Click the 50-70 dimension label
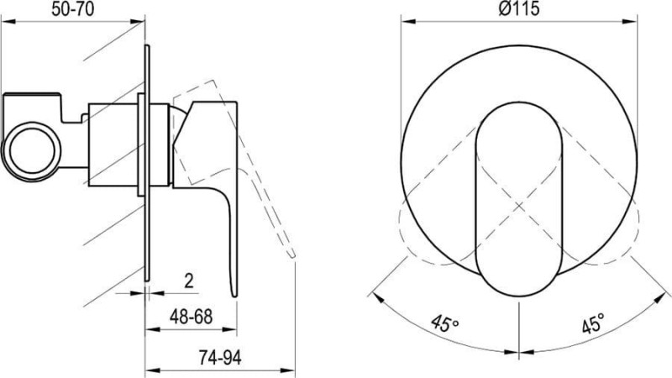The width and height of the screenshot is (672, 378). click(x=72, y=9)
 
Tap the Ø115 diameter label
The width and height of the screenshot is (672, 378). click(x=519, y=8)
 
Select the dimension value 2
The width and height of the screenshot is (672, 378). click(x=188, y=281)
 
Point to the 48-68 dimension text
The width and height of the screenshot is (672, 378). click(x=191, y=317)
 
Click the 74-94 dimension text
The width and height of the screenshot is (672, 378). click(x=220, y=357)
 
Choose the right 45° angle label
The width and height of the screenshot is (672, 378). click(x=594, y=323)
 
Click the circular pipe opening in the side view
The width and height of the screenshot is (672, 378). click(x=32, y=151)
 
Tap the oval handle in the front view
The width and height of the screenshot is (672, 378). click(x=518, y=199)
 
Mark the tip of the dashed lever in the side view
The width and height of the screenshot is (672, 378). click(x=293, y=256)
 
